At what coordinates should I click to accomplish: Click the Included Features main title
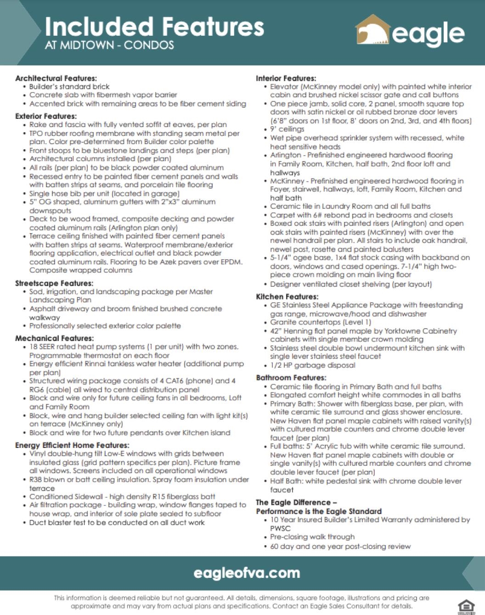coord(154,27)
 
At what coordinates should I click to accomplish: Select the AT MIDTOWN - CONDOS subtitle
coord(109,45)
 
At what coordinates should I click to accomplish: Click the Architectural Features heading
coord(56,78)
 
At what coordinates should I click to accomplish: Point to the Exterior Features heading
coord(46,116)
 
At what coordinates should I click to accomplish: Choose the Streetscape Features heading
coord(54,283)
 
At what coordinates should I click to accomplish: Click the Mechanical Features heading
coord(54,338)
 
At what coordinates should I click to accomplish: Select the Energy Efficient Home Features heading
coord(72,445)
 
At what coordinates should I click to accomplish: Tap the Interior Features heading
coord(286,78)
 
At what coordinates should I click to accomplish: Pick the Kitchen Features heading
coord(287,296)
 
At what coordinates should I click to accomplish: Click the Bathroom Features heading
coord(291,378)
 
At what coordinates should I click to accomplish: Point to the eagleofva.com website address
coord(247,573)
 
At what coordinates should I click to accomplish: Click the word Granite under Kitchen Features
coord(283,322)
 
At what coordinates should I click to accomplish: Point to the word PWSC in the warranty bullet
coord(280,528)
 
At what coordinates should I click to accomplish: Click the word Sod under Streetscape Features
coord(36,291)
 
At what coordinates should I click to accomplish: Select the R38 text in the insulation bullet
coord(36,480)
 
